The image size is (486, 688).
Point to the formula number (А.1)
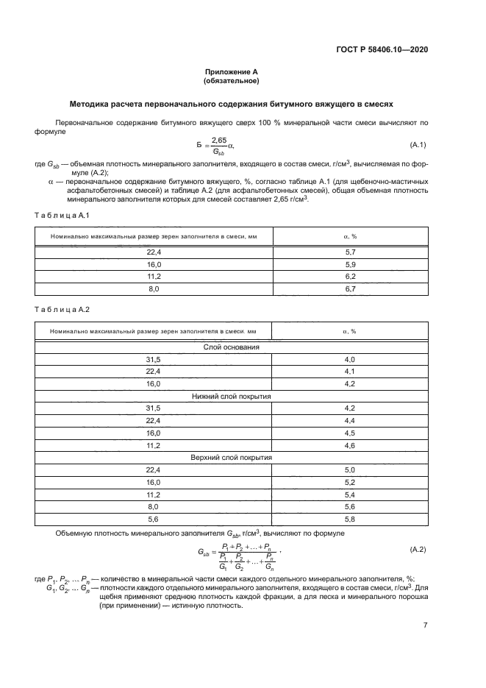422,145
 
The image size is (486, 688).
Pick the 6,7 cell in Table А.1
350,290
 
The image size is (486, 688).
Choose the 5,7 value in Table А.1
350,252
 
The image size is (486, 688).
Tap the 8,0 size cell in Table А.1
153,290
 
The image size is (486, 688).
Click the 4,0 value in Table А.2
350,359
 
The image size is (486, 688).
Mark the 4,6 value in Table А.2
350,445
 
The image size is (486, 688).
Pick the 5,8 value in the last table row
350,519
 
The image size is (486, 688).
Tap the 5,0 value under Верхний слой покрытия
350,469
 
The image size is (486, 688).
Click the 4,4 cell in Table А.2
350,420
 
